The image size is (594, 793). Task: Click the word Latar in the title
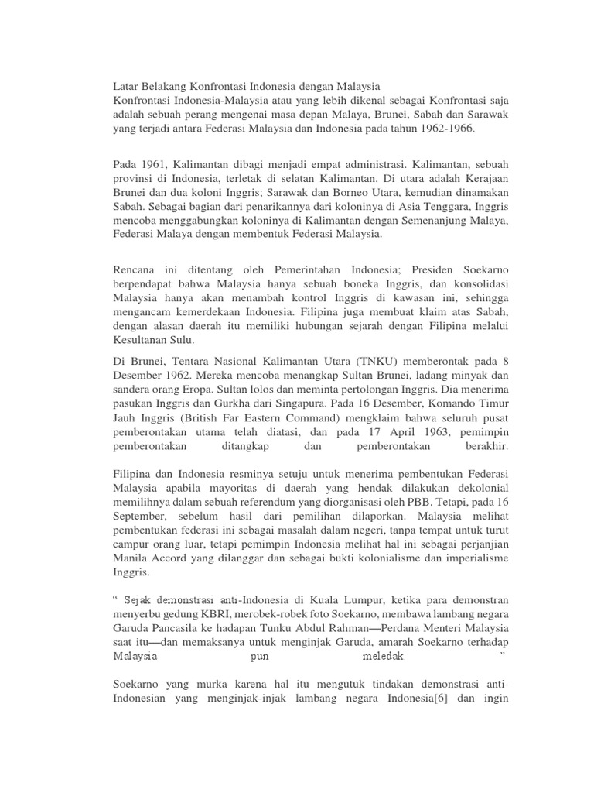click(126, 84)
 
